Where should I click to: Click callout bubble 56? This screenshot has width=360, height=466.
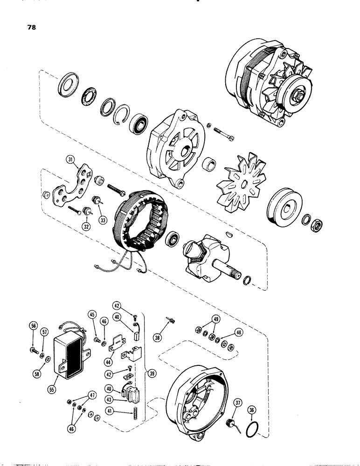[x=33, y=326]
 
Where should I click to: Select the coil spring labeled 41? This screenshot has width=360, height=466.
[x=137, y=411]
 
